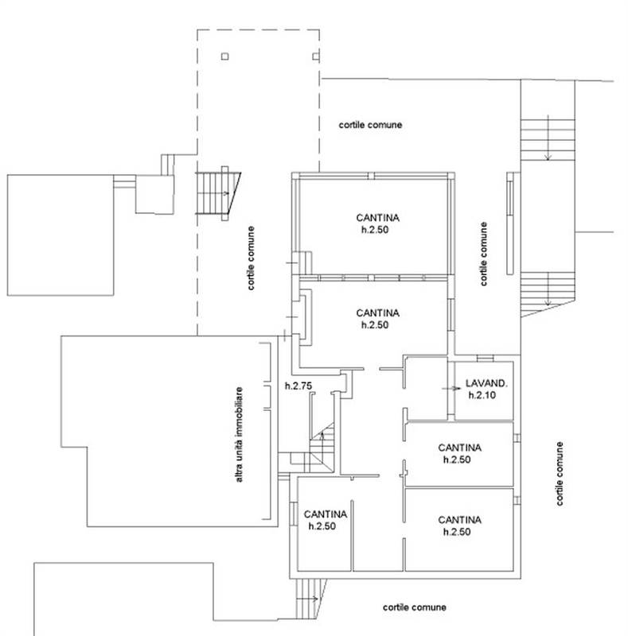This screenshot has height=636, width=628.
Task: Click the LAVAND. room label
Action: [x=486, y=383]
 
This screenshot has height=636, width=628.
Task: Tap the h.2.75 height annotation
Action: [x=298, y=386]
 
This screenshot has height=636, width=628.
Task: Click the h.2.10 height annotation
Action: [x=482, y=395]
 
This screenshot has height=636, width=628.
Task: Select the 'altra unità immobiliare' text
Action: [x=239, y=434]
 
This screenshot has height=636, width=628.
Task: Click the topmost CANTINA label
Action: [x=378, y=218]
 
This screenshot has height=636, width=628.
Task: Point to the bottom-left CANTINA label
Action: [x=326, y=514]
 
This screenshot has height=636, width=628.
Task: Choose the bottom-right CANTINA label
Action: [x=459, y=520]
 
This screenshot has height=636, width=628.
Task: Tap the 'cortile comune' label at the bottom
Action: [x=415, y=607]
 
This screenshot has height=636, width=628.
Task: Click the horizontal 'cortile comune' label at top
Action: [x=370, y=125]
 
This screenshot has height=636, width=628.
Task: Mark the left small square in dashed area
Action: [x=225, y=56]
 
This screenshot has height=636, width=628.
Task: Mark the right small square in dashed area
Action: [x=316, y=56]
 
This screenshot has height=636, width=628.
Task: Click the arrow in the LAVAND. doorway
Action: [x=451, y=389]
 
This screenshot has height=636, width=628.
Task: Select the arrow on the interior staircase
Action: [x=322, y=436]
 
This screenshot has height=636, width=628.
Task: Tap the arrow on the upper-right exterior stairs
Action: [x=548, y=138]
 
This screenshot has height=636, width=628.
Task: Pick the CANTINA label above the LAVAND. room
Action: [x=378, y=313]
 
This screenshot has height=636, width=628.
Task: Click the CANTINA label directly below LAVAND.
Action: [x=459, y=448]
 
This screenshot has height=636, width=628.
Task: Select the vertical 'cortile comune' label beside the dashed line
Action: [x=251, y=258]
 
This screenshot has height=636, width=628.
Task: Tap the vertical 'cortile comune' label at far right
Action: [x=560, y=474]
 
